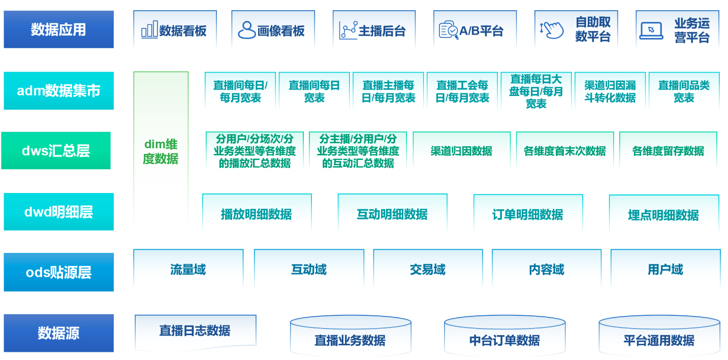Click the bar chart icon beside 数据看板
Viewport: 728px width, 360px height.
(149, 30)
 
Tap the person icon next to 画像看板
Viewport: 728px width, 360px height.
(247, 30)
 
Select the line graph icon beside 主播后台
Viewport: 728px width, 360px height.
(349, 30)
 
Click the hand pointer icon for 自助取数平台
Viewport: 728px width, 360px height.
(552, 29)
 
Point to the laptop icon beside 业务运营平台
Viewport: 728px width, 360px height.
(651, 30)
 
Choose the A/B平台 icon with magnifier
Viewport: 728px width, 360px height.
(449, 30)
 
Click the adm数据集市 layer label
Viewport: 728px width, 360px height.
(58, 91)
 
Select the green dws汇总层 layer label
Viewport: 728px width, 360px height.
(56, 150)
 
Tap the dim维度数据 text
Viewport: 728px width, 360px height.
(161, 151)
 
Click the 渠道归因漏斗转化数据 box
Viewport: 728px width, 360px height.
(610, 91)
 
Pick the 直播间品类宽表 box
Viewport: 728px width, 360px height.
(683, 91)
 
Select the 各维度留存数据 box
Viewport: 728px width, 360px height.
(668, 151)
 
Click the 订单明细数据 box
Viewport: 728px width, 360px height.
(527, 214)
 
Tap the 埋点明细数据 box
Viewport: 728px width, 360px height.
(663, 214)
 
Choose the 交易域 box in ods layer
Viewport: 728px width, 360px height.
(427, 269)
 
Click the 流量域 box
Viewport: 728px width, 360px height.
(188, 269)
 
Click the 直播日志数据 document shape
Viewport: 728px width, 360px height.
(195, 331)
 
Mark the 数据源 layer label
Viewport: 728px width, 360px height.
(58, 333)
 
